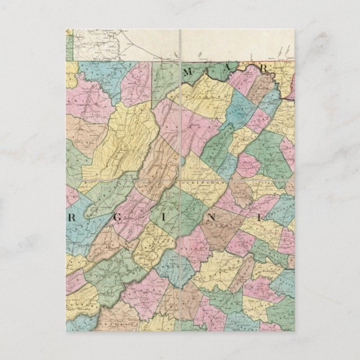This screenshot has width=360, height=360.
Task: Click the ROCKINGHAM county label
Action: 192,182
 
